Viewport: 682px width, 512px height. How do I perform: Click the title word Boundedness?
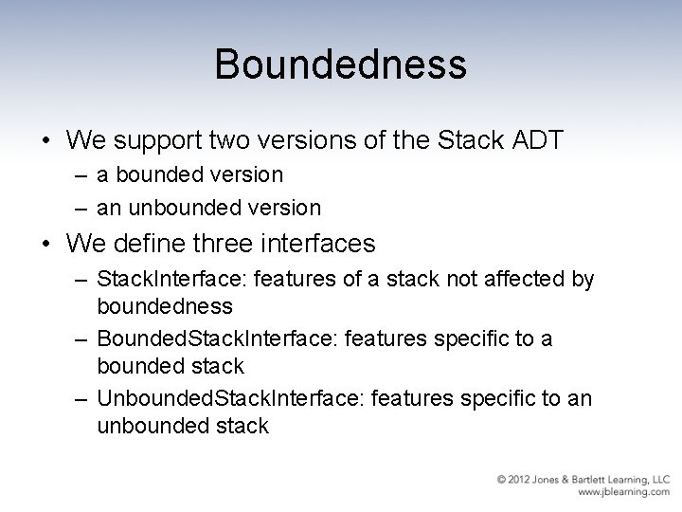click(x=340, y=65)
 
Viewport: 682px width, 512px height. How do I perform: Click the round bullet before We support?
click(x=45, y=141)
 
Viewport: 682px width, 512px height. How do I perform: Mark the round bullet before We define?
click(x=45, y=245)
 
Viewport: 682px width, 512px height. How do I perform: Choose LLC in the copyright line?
click(x=659, y=479)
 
